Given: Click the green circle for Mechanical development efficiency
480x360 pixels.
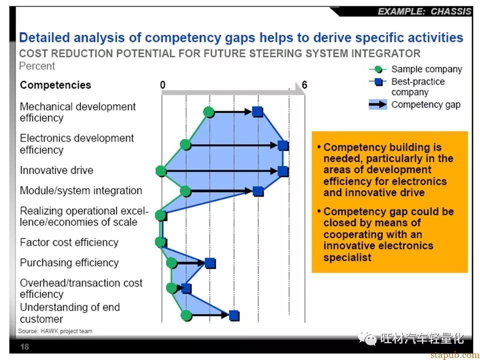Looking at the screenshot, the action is point(209,112).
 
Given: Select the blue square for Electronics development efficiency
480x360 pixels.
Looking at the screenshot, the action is point(283,145).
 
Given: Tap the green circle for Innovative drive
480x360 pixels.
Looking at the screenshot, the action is point(161,171).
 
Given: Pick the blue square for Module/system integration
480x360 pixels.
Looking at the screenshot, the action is point(258,191).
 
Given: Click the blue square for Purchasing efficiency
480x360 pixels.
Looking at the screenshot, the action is point(210,263).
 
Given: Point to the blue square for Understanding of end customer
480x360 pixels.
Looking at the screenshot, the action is point(234,315).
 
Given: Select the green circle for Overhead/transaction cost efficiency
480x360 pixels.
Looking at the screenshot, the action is point(171,288).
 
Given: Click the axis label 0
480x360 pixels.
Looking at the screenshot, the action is point(162,85).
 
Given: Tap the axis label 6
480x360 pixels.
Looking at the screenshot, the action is point(304,85).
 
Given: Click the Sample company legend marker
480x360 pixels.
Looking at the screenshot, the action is point(378,69).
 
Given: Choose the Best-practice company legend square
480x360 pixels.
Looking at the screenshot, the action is point(378,81).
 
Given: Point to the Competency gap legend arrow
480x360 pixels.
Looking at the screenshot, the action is point(378,104).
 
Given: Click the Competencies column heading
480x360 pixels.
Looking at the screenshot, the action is point(55,85).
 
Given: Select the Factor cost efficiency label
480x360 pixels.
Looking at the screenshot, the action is point(69,242).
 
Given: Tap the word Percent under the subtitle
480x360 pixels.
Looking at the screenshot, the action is point(36,66).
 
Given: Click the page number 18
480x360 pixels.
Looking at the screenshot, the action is point(24,346).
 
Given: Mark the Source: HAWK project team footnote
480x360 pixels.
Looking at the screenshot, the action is point(55,331).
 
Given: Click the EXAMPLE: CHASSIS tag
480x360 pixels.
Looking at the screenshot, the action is point(424,11).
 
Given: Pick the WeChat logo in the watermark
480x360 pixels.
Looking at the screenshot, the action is point(368,338).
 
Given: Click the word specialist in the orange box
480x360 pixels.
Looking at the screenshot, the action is point(347,257).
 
